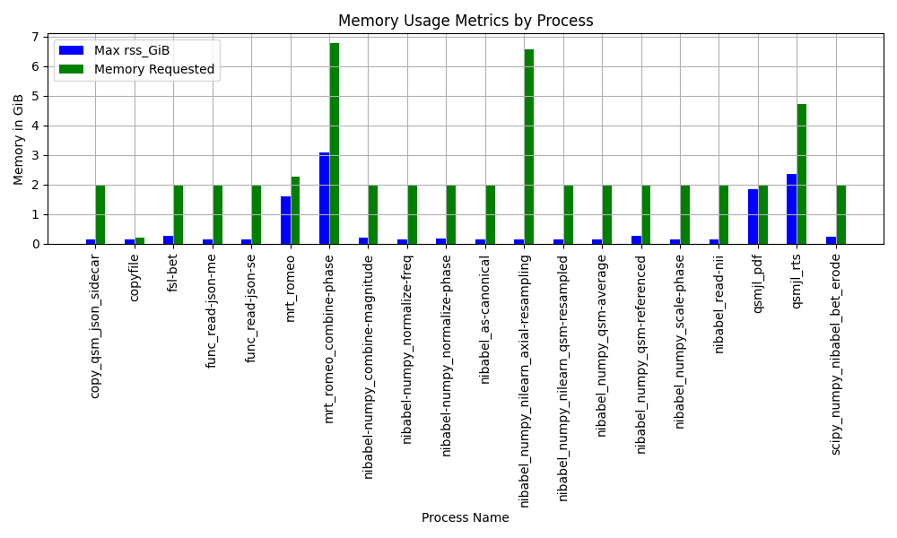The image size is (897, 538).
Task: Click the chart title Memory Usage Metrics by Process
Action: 465,21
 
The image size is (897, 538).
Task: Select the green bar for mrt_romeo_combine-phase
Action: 334,143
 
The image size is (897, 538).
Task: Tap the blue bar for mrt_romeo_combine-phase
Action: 325,198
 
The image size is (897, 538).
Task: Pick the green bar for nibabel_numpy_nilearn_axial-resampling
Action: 529,147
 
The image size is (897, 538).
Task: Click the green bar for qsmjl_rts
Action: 801,174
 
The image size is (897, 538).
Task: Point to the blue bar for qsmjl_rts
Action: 792,209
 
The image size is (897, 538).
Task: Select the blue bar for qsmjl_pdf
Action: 753,217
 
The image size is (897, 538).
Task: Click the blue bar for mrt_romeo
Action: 285,221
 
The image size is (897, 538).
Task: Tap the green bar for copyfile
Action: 140,240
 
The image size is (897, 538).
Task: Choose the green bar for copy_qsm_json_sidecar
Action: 100,215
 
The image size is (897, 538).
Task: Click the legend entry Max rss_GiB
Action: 132,50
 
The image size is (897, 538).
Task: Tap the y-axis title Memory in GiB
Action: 18,140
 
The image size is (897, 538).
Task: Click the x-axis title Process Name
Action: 465,517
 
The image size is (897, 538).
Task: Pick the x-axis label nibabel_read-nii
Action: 719,304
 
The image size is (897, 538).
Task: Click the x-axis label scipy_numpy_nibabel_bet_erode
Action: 836,354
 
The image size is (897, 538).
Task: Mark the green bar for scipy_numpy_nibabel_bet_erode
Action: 841,215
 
